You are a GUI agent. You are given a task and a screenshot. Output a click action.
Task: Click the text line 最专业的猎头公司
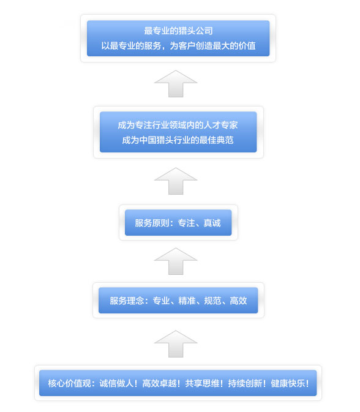(178, 31)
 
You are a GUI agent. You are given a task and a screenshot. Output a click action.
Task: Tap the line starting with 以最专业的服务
(178, 46)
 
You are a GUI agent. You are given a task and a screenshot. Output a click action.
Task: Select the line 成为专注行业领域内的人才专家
(178, 125)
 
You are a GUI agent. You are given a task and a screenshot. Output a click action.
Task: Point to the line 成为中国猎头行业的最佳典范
(178, 140)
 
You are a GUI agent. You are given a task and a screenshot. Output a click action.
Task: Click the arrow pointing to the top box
(176, 84)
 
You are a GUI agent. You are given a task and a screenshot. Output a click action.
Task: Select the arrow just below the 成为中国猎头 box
(176, 182)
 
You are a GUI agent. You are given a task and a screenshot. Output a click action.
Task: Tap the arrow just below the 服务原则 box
(176, 261)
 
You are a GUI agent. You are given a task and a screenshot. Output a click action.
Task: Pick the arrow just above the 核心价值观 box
(176, 345)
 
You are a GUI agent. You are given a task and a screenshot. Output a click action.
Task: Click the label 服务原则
(152, 223)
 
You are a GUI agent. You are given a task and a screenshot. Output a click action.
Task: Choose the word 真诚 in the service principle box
(212, 223)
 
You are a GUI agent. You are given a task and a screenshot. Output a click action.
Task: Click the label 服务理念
(127, 301)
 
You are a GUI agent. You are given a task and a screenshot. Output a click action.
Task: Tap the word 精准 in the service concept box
(187, 301)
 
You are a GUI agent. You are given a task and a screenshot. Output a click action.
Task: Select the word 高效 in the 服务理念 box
(238, 301)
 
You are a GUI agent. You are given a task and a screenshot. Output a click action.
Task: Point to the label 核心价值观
(70, 383)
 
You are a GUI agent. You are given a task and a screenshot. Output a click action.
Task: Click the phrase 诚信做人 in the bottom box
(116, 383)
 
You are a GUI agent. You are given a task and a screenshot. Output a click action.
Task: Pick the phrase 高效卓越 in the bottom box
(159, 383)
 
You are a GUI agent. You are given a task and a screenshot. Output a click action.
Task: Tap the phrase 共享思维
(202, 383)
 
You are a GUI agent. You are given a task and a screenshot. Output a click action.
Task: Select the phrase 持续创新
(245, 383)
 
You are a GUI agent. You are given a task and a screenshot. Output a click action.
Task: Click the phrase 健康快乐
(288, 383)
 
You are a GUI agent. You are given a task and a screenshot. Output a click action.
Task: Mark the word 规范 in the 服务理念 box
(212, 301)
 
